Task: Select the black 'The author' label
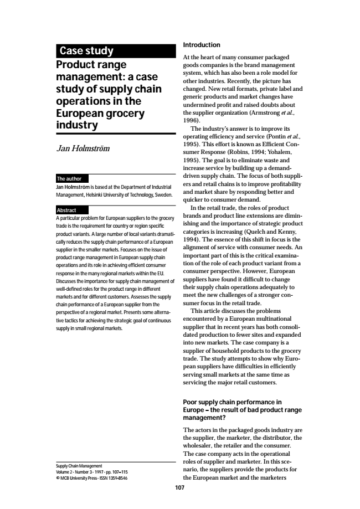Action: point(70,179)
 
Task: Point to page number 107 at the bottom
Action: point(179,488)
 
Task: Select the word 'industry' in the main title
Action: point(78,125)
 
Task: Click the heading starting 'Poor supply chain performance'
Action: point(232,402)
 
